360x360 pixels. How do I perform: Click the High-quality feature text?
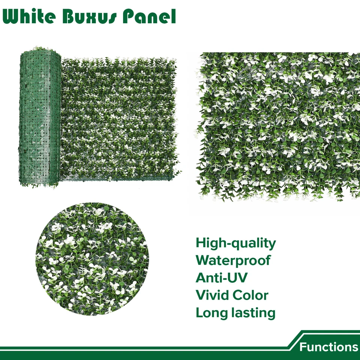click(235, 244)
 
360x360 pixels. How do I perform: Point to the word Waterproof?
click(233, 260)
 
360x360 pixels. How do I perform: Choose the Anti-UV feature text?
click(222, 277)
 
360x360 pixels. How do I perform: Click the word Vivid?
click(212, 295)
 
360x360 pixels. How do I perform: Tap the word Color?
click(250, 295)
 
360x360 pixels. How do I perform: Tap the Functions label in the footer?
click(328, 347)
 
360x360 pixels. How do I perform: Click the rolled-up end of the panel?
click(39, 118)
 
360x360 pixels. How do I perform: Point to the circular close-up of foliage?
click(92, 259)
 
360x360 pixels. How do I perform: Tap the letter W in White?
click(12, 17)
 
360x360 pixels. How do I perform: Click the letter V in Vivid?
click(201, 295)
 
